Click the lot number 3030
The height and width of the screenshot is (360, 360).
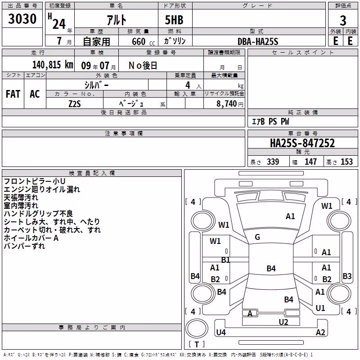point(22,18)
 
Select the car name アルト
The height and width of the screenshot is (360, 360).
point(117,20)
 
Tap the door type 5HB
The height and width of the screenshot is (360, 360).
point(174,20)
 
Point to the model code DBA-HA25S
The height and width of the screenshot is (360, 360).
point(258,41)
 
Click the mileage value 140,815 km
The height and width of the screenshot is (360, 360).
point(53,65)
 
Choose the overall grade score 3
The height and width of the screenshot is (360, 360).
point(343,21)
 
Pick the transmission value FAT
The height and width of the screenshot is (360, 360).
point(13,94)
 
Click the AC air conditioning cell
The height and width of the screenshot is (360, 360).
point(35,94)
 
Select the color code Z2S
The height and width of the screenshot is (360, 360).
point(75,104)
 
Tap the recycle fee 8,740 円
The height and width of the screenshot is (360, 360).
point(230,104)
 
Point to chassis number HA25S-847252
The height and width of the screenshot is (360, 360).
point(302,143)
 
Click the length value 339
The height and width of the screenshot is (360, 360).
point(273,162)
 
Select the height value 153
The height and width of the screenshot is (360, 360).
point(346,162)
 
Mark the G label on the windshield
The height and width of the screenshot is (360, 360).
point(257,237)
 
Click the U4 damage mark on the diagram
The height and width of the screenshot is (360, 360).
point(221,332)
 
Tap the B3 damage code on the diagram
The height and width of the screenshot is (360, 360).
point(347,276)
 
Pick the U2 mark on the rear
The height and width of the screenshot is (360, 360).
point(283,322)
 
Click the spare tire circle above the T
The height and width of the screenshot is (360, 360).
point(197,328)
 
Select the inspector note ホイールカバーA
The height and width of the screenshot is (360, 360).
point(31,238)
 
